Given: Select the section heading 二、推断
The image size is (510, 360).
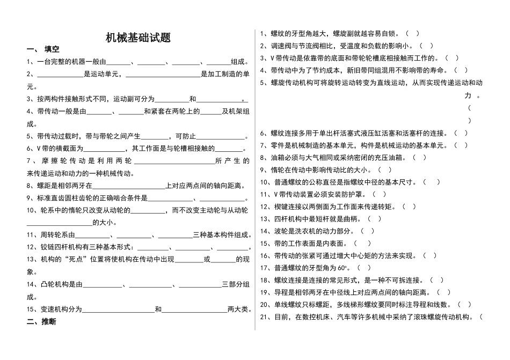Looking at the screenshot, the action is click(x=41, y=322).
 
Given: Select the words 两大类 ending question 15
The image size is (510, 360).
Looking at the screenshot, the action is click(x=238, y=309).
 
